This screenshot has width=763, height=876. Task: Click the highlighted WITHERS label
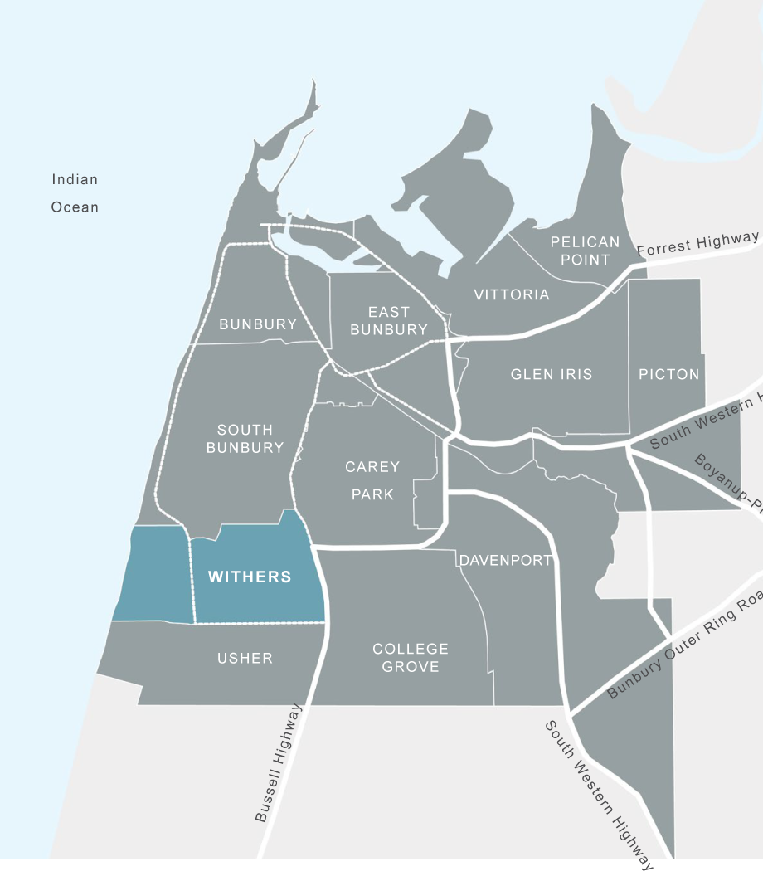pyautogui.click(x=250, y=577)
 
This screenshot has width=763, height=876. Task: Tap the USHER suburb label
pyautogui.click(x=245, y=658)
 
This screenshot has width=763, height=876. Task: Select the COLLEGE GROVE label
pyautogui.click(x=411, y=657)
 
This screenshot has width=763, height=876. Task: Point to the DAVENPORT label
pyautogui.click(x=506, y=560)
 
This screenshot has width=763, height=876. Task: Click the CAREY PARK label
pyautogui.click(x=372, y=480)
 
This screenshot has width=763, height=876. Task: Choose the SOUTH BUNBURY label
pyautogui.click(x=245, y=439)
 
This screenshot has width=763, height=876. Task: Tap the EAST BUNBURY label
pyautogui.click(x=389, y=320)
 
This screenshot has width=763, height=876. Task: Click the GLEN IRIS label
pyautogui.click(x=552, y=374)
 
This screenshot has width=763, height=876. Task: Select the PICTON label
pyautogui.click(x=669, y=374)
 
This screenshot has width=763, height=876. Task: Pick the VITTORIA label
pyautogui.click(x=512, y=294)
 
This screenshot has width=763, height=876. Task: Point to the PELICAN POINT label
pyautogui.click(x=586, y=251)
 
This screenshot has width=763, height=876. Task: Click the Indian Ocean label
pyautogui.click(x=75, y=193)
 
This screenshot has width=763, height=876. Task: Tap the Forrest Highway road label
pyautogui.click(x=697, y=243)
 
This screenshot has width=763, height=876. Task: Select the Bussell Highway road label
pyautogui.click(x=279, y=763)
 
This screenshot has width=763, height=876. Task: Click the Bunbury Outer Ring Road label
pyautogui.click(x=686, y=645)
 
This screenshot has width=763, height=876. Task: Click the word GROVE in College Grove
pyautogui.click(x=411, y=666)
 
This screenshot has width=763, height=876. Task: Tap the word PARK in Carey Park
pyautogui.click(x=372, y=494)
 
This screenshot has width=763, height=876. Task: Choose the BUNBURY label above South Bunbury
pyautogui.click(x=258, y=324)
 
